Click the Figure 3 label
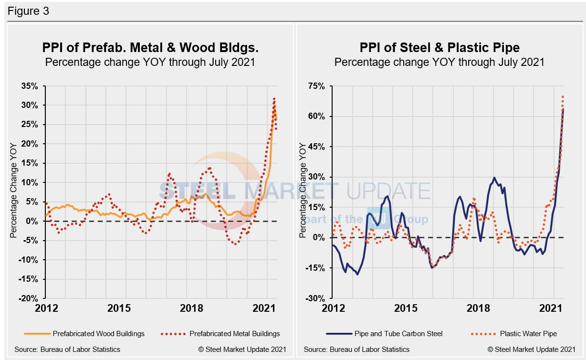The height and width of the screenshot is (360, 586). (28, 11)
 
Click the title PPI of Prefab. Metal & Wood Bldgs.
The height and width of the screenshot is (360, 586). (150, 48)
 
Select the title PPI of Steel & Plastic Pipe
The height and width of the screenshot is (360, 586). (439, 48)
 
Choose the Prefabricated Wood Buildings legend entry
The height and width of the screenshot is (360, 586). (98, 333)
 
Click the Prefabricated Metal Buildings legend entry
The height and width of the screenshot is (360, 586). (234, 333)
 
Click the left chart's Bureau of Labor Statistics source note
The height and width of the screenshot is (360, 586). (67, 349)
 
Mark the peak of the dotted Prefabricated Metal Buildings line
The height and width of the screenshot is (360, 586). (274, 99)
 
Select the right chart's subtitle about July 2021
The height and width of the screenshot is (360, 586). (439, 62)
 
